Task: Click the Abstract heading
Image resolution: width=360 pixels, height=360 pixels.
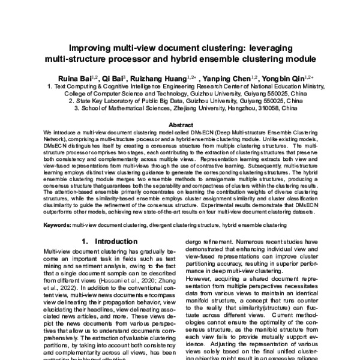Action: click(x=180, y=124)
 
